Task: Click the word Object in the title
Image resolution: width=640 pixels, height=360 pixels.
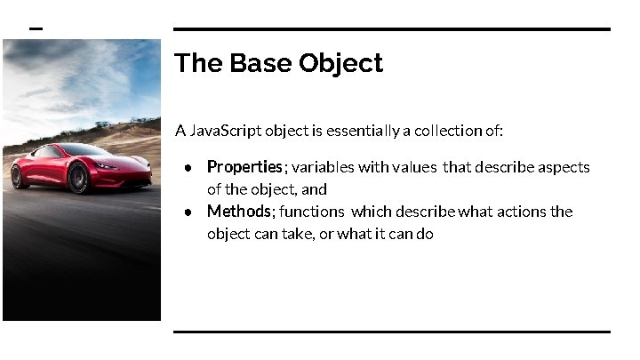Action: (341, 64)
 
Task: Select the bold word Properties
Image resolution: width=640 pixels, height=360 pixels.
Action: (244, 167)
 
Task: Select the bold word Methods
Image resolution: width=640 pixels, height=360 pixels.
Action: (238, 212)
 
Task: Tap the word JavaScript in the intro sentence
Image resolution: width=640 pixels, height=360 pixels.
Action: (228, 132)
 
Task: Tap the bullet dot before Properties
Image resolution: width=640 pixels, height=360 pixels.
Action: (189, 168)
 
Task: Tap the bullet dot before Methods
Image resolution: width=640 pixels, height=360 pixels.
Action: (189, 212)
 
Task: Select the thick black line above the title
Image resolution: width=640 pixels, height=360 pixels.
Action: (391, 29)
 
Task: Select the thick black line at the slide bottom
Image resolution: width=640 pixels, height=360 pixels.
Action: (391, 332)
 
